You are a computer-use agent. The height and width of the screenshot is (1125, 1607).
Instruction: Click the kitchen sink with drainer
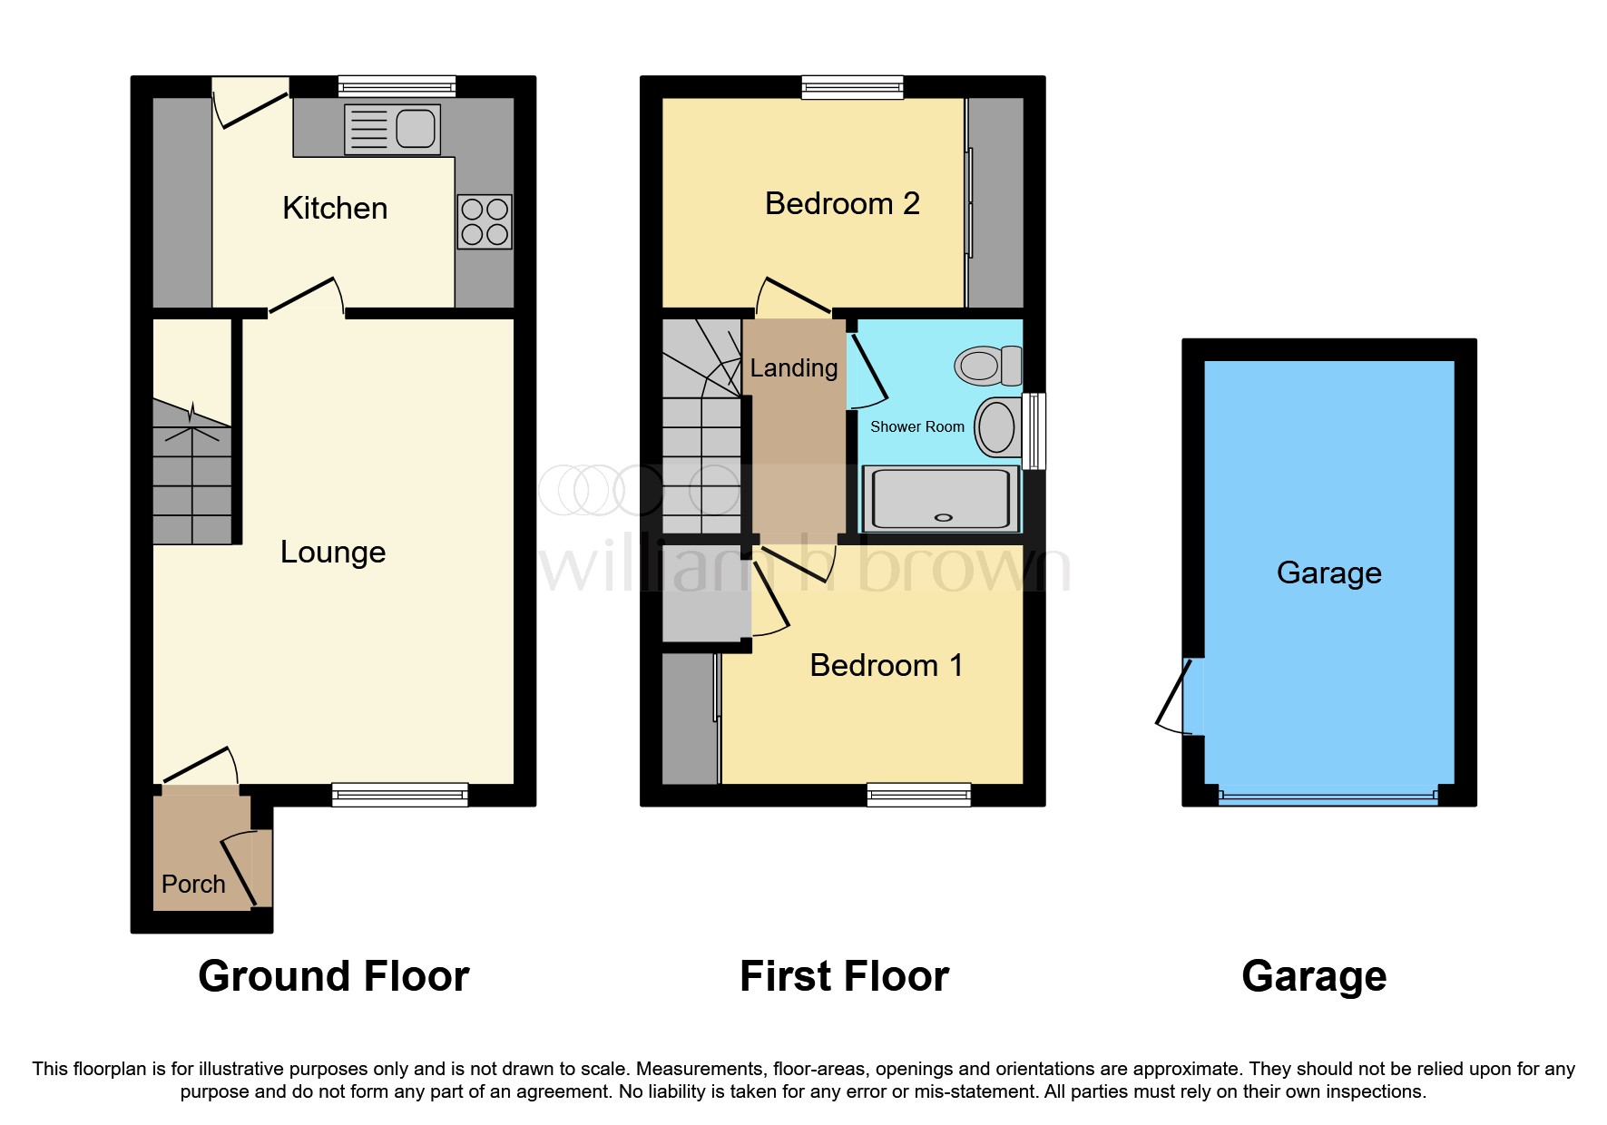[392, 129]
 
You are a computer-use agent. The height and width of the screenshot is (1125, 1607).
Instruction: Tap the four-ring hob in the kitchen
[484, 221]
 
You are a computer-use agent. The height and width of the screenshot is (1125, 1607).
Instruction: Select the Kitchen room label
[335, 208]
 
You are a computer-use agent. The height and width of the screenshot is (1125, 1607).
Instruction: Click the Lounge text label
[333, 552]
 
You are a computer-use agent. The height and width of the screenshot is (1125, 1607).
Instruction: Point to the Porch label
[193, 884]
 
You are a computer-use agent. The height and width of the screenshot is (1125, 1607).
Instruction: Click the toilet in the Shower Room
[986, 366]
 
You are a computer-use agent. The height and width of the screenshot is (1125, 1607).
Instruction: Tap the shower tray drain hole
[943, 517]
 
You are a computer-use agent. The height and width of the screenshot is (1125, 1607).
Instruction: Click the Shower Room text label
[916, 426]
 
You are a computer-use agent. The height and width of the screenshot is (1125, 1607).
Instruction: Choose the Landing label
[793, 367]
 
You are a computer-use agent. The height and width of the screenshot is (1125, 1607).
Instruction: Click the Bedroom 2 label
[842, 203]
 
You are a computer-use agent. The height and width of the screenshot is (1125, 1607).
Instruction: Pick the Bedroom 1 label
[886, 665]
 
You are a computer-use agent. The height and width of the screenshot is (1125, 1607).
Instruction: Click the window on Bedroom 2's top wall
[852, 87]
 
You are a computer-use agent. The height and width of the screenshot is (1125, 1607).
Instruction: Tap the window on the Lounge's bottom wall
[399, 795]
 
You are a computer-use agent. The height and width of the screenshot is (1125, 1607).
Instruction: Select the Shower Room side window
[1034, 430]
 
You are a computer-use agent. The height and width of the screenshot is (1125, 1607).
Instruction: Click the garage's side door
[1179, 697]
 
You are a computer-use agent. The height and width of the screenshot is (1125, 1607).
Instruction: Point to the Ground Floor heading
[333, 976]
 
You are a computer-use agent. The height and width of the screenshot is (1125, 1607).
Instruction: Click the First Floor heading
[844, 976]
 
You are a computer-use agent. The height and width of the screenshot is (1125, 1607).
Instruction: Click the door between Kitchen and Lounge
[306, 298]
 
